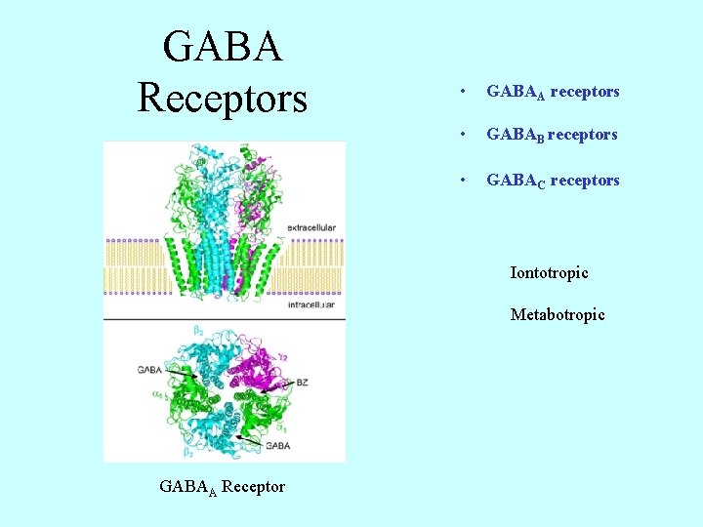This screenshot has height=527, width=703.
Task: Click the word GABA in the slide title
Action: tap(223, 46)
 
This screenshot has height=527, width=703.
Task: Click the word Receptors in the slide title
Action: tap(223, 97)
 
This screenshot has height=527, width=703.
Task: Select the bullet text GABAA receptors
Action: tap(553, 92)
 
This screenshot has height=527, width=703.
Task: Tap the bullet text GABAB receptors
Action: tap(552, 135)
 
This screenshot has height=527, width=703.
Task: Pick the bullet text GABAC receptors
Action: tap(553, 181)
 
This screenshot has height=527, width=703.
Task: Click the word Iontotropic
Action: tap(549, 273)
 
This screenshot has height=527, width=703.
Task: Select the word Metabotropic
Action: tap(558, 315)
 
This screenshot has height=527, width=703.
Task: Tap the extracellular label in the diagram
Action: tap(311, 227)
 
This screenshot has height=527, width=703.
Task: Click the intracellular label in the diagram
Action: tap(310, 305)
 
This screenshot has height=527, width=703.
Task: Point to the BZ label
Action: tap(302, 384)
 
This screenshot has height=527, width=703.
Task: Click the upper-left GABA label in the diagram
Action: tap(149, 370)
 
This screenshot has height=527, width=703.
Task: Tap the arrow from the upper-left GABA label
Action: tap(182, 374)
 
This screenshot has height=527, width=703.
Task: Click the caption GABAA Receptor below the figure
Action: tap(222, 486)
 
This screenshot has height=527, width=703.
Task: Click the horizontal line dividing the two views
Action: tap(225, 319)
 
